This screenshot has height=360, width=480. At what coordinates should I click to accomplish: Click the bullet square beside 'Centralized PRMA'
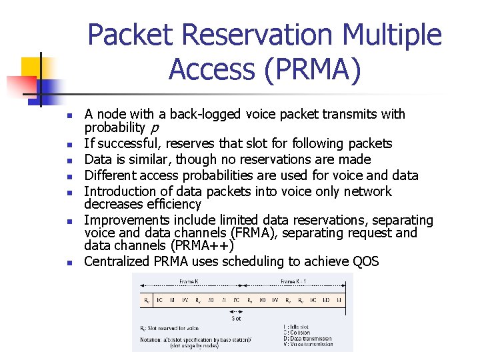coord(69,263)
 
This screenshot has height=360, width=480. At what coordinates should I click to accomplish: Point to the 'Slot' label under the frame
coord(237,317)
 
